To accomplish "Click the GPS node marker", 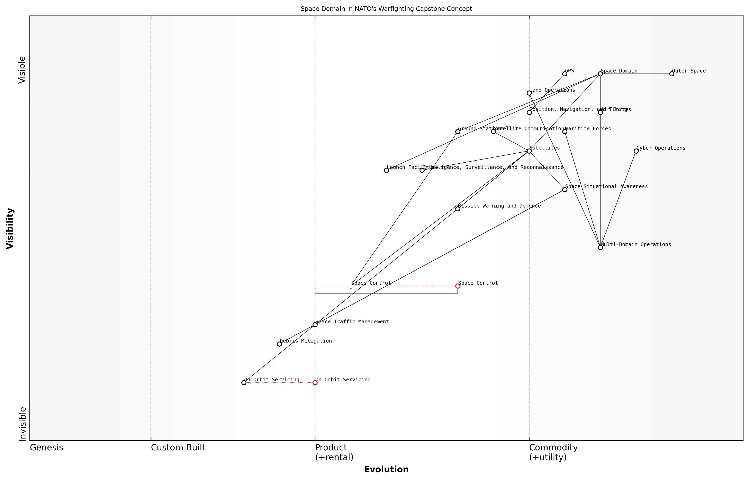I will point(565,74).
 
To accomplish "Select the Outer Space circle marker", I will point(672,74).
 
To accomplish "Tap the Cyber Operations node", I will point(636,151).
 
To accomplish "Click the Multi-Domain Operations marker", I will point(600,248).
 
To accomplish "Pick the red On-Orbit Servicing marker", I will point(315,383).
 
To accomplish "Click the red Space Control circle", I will point(458,286).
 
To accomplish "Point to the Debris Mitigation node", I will point(279,344).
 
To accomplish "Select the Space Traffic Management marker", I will point(315,325).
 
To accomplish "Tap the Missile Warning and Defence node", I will point(458,209).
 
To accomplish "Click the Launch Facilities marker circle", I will point(386,170).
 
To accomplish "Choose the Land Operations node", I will point(529,93).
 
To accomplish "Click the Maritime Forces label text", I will point(588,129).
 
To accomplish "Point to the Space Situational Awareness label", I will point(606,187).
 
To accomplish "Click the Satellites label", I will point(545,148).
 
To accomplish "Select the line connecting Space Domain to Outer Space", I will point(637,74).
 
